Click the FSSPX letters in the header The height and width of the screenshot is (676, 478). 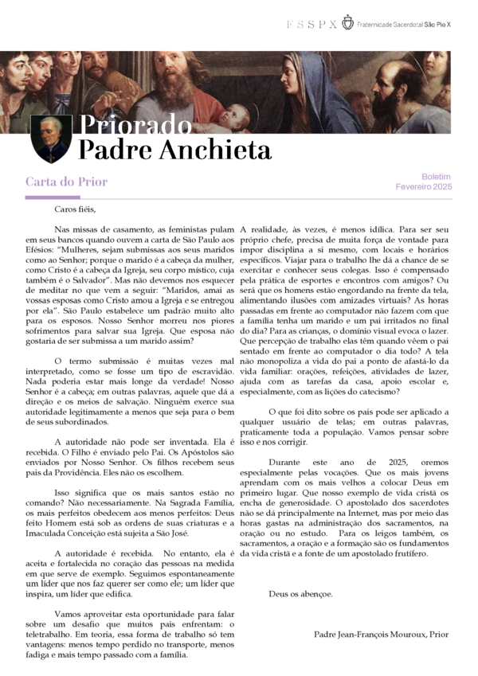(311, 25)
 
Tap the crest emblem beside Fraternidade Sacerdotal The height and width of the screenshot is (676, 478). (347, 23)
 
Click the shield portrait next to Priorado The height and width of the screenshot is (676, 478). (52, 138)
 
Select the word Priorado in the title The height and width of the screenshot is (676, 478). (135, 127)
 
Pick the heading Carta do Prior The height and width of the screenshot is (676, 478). (67, 182)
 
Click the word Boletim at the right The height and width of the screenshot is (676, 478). (436, 177)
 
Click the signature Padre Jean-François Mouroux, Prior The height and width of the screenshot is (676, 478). (382, 635)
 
